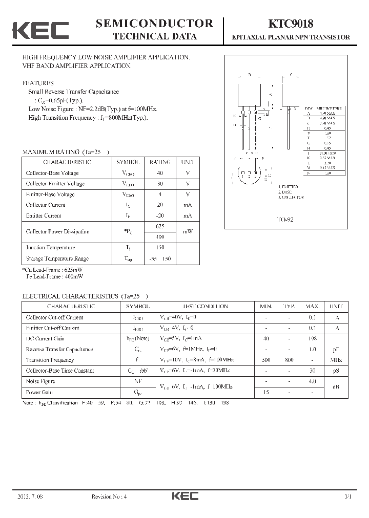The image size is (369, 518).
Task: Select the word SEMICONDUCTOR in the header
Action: click(154, 23)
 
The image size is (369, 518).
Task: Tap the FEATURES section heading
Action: click(38, 83)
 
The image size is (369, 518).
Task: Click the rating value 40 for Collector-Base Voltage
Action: click(160, 173)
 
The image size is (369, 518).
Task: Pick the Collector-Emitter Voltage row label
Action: click(55, 184)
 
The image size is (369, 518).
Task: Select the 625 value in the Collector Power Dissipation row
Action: click(160, 226)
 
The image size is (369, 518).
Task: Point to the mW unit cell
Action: click(188, 231)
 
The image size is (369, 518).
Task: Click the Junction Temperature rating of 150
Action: click(160, 248)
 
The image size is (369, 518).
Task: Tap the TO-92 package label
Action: click(285, 219)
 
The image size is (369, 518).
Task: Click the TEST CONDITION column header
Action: click(206, 306)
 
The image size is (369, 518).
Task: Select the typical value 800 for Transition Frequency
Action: click(289, 360)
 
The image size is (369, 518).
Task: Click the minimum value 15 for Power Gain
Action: click(266, 392)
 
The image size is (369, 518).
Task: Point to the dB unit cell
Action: click(336, 387)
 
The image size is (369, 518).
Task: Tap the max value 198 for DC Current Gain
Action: click(312, 338)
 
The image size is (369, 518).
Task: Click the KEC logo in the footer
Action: click(185, 496)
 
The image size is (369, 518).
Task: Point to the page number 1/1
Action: click(348, 497)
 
